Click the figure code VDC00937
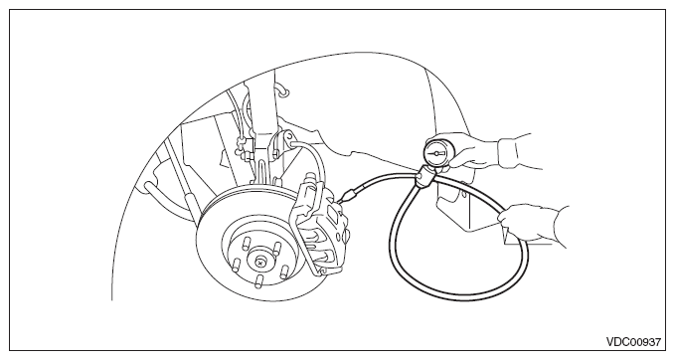tap(633, 342)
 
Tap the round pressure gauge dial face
tap(437, 152)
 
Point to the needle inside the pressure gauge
tap(437, 153)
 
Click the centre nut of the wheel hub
tap(260, 262)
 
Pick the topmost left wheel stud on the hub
tap(247, 244)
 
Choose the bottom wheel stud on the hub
tap(258, 281)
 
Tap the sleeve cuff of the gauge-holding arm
tap(509, 151)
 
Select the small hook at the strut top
tap(284, 90)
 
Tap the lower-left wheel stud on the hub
tap(235, 264)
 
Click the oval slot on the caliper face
tap(332, 212)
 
